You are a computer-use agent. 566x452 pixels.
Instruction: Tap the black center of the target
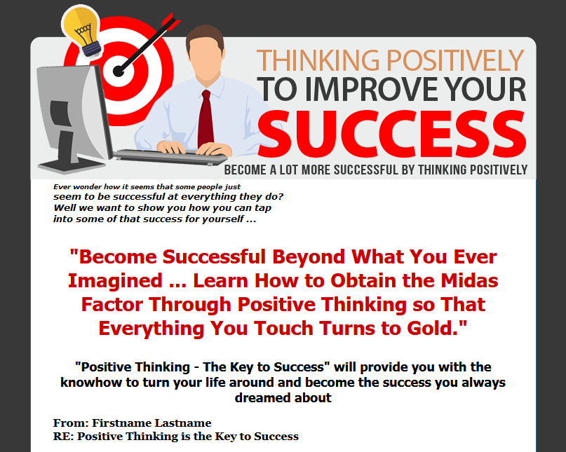click(x=119, y=71)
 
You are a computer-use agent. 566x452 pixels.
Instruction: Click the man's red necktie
click(x=205, y=118)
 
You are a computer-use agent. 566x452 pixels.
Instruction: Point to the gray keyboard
click(x=170, y=157)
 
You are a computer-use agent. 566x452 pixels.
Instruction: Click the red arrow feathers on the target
click(x=171, y=21)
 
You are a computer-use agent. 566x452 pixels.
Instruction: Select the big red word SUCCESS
click(x=391, y=134)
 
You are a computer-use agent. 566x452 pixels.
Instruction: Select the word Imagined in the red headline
click(x=115, y=282)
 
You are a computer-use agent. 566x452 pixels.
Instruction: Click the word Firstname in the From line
click(x=122, y=423)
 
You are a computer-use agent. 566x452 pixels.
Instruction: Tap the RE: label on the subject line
click(x=64, y=436)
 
